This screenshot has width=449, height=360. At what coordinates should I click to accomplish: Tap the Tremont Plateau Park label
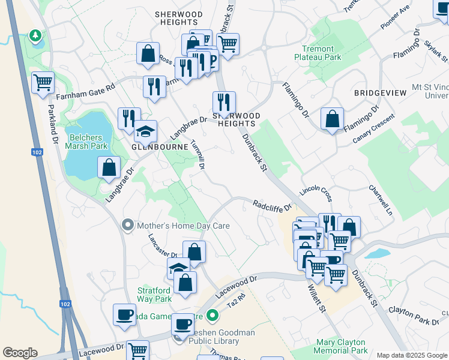click(x=318, y=53)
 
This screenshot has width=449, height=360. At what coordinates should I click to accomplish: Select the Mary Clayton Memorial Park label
click(x=342, y=346)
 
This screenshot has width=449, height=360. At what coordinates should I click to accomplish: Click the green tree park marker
click(x=36, y=37)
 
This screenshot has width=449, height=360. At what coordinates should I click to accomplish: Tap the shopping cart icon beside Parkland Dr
click(x=43, y=83)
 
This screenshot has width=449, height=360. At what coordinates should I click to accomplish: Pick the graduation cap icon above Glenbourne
click(x=145, y=131)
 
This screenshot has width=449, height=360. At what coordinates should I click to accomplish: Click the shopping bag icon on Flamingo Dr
click(x=332, y=119)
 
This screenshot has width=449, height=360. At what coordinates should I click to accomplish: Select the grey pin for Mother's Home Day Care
click(x=127, y=226)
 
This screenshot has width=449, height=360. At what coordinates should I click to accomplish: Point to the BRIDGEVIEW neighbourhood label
click(x=380, y=93)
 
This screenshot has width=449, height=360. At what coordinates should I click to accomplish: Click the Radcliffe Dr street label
click(x=271, y=206)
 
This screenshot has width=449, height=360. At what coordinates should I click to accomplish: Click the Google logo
click(x=20, y=353)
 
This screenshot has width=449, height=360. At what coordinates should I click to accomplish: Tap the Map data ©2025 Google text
click(x=412, y=355)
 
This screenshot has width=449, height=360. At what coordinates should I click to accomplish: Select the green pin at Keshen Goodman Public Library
click(x=212, y=315)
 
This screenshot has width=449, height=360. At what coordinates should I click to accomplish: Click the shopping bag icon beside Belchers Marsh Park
click(x=109, y=167)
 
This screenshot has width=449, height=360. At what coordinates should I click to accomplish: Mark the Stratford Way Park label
click(x=154, y=293)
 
